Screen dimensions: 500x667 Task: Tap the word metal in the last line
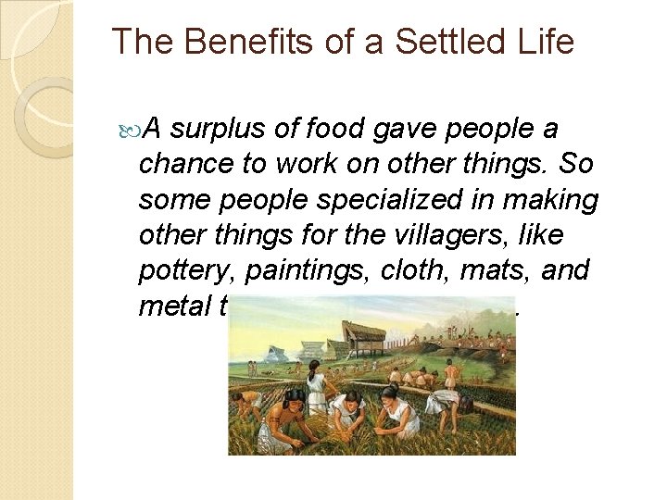tap(174, 306)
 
